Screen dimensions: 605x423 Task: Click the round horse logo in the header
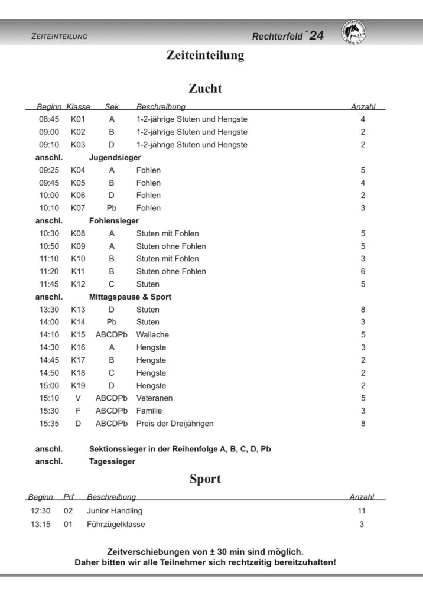(354, 34)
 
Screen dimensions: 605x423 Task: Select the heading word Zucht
(205, 89)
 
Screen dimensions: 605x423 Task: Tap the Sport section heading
(205, 479)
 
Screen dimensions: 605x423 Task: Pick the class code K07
(78, 208)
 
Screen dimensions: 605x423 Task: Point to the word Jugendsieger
(115, 158)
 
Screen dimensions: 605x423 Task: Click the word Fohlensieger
(113, 221)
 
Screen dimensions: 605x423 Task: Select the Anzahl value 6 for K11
(363, 271)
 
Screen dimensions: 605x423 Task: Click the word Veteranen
(154, 398)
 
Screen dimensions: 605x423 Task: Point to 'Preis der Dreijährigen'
(175, 424)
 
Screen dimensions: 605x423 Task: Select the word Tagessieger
(112, 461)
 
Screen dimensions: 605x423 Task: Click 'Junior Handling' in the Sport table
(115, 511)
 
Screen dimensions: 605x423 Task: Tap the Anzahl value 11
(362, 511)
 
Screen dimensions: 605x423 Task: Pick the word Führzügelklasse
(116, 524)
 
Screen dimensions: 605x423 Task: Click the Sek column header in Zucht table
(112, 107)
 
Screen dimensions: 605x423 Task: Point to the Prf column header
(69, 497)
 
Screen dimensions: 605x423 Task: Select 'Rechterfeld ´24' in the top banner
(288, 36)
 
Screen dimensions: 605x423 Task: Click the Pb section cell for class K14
(112, 322)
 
